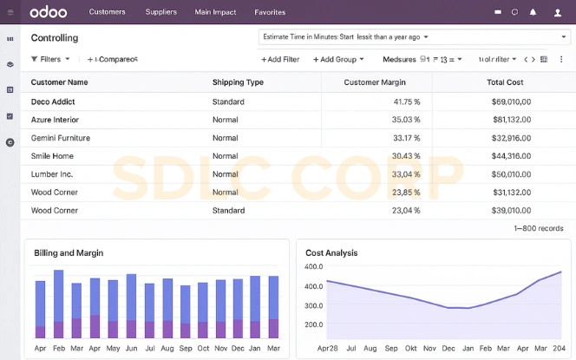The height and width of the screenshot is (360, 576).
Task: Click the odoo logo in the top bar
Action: tap(48, 12)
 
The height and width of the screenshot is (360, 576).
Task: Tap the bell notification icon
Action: tap(533, 12)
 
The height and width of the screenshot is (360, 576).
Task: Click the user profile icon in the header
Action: tap(557, 12)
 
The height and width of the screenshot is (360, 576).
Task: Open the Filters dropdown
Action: tap(50, 59)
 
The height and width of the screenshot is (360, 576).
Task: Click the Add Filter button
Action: tap(280, 59)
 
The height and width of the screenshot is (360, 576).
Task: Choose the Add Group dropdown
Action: tap(338, 59)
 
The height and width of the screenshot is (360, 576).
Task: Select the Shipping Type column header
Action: tap(238, 82)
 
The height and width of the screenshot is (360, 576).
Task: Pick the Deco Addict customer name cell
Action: tap(53, 101)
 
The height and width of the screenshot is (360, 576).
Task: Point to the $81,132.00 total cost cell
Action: tap(511, 120)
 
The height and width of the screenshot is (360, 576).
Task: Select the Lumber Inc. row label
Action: tap(52, 174)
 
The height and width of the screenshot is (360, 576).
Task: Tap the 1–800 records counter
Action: tap(538, 228)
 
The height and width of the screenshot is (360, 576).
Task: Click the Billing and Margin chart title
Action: tap(69, 252)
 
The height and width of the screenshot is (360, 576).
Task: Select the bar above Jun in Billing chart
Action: tap(131, 305)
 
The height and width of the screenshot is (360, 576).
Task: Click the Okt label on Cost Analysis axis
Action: tap(411, 348)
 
